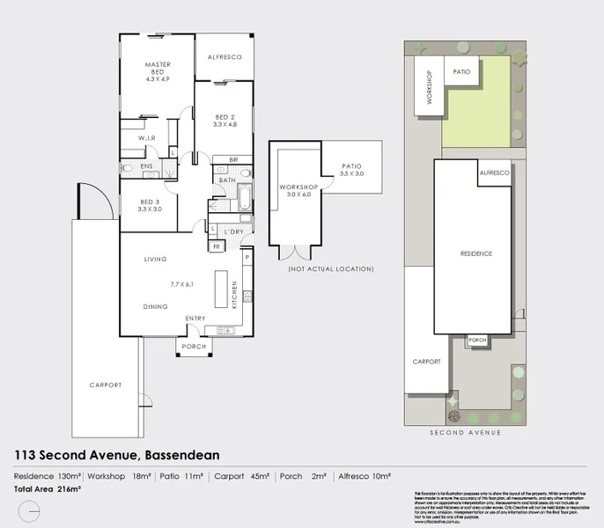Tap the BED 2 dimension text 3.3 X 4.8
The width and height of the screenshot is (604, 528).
(225, 125)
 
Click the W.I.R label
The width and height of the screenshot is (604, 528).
(146, 139)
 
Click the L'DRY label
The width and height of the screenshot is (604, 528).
(233, 231)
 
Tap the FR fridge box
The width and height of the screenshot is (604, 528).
(216, 246)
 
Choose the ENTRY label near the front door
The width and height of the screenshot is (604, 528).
(195, 318)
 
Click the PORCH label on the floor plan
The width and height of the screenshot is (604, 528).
(193, 347)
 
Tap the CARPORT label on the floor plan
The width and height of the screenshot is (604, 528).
(105, 385)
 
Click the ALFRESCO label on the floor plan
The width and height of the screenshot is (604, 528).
(225, 56)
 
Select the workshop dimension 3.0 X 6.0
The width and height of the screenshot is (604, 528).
(294, 195)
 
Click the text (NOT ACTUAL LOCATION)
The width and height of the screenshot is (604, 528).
(330, 268)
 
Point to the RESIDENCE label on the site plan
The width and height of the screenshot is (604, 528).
(476, 253)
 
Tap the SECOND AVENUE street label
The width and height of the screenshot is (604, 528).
(464, 433)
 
